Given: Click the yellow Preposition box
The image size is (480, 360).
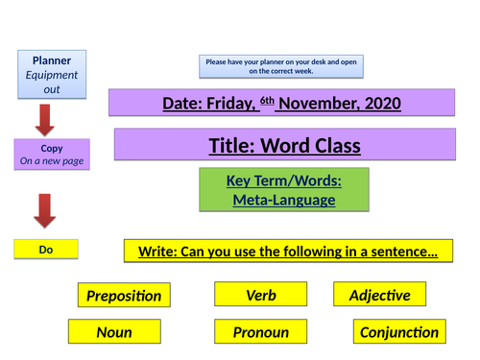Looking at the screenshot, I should (124, 297).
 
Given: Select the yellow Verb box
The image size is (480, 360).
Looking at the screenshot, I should (260, 295).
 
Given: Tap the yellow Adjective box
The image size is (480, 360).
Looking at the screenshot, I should (379, 295).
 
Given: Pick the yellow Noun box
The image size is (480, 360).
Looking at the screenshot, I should (113, 333).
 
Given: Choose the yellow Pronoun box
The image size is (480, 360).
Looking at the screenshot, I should (260, 333).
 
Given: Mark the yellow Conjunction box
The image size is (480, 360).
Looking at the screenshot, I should (398, 333).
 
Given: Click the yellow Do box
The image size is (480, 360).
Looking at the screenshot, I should (45, 249).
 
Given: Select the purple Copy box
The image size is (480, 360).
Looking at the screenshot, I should (52, 155).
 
